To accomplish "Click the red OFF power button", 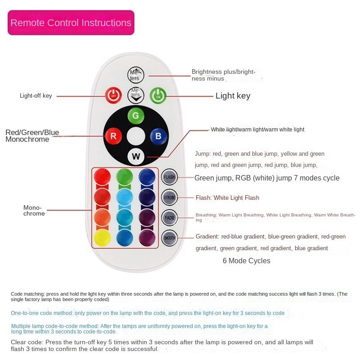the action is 113,95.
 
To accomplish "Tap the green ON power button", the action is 158,95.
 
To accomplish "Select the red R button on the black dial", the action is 113,135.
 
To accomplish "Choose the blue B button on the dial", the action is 158,135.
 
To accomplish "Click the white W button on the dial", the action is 135,156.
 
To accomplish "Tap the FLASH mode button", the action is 169,177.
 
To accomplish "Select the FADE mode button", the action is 169,217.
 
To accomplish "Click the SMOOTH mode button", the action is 169,238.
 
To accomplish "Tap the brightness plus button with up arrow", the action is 135,75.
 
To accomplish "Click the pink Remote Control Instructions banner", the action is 71,23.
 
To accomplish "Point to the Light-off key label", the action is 36,95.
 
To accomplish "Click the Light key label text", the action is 233,96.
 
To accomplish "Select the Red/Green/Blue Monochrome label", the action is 32,135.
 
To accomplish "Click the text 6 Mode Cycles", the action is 247,261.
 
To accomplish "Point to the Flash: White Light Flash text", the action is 227,198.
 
